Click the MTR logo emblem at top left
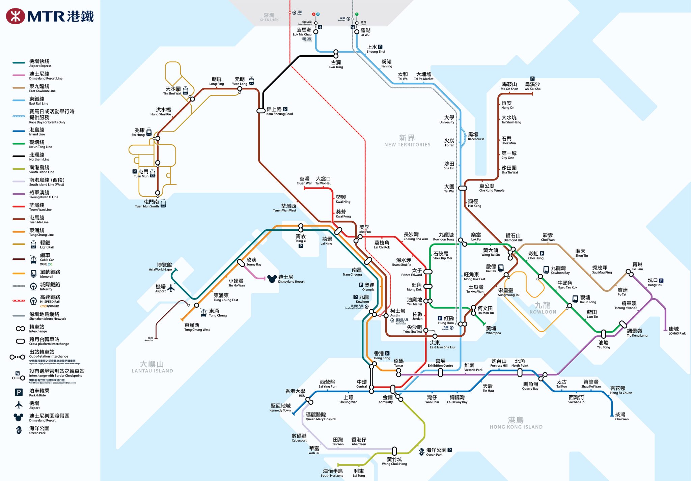click(x=15, y=16)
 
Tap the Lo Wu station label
click(x=365, y=32)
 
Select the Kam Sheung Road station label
click(x=279, y=111)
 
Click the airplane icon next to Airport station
click(x=171, y=288)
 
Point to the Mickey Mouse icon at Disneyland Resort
click(x=272, y=279)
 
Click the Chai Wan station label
click(x=621, y=416)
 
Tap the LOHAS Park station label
click(x=676, y=331)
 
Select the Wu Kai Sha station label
click(x=532, y=86)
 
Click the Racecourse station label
click(x=476, y=136)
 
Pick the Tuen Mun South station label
click(x=147, y=204)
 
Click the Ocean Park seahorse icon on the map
click(x=421, y=452)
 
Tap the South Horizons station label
click(x=332, y=473)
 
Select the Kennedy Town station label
click(x=280, y=407)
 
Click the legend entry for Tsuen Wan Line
click(x=40, y=207)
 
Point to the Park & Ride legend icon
click(x=19, y=392)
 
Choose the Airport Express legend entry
click(x=40, y=63)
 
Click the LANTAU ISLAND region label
click(x=152, y=367)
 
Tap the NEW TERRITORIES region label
click(x=407, y=140)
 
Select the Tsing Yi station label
click(x=300, y=238)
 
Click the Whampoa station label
click(x=493, y=330)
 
